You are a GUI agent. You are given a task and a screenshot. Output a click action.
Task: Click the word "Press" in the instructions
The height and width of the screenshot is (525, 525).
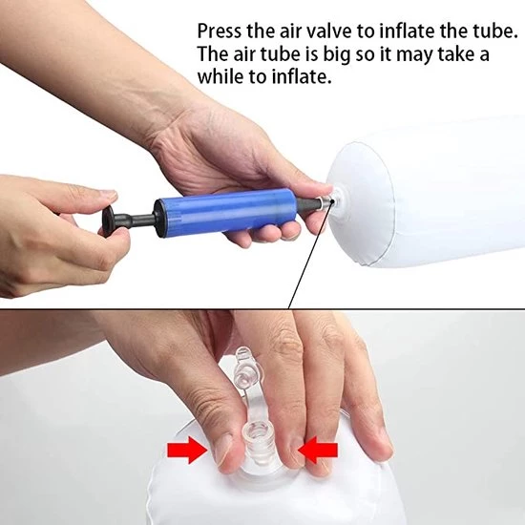tap(219, 31)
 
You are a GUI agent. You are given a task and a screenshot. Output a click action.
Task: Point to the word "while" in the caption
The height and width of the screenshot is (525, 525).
tap(220, 77)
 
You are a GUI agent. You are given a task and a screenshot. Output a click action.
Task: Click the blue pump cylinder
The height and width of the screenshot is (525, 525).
tap(225, 210)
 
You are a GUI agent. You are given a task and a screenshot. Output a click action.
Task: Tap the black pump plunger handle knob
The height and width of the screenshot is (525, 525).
tap(109, 221)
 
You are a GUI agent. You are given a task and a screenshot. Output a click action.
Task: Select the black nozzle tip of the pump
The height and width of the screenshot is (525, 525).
tap(308, 203)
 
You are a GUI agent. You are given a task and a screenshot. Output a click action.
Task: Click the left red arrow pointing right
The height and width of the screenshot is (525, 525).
tap(187, 450)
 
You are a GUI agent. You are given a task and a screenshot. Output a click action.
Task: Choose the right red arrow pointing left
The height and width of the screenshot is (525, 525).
tap(318, 450)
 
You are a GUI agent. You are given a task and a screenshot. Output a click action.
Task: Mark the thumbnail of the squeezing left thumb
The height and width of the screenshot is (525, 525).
tap(223, 451)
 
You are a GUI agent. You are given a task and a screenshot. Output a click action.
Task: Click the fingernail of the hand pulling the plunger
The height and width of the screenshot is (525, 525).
tap(108, 196)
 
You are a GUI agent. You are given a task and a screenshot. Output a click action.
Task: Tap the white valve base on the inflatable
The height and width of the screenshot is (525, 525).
tap(340, 201)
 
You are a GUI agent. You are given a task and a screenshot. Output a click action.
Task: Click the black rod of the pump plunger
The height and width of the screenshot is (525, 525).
tap(136, 220)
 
